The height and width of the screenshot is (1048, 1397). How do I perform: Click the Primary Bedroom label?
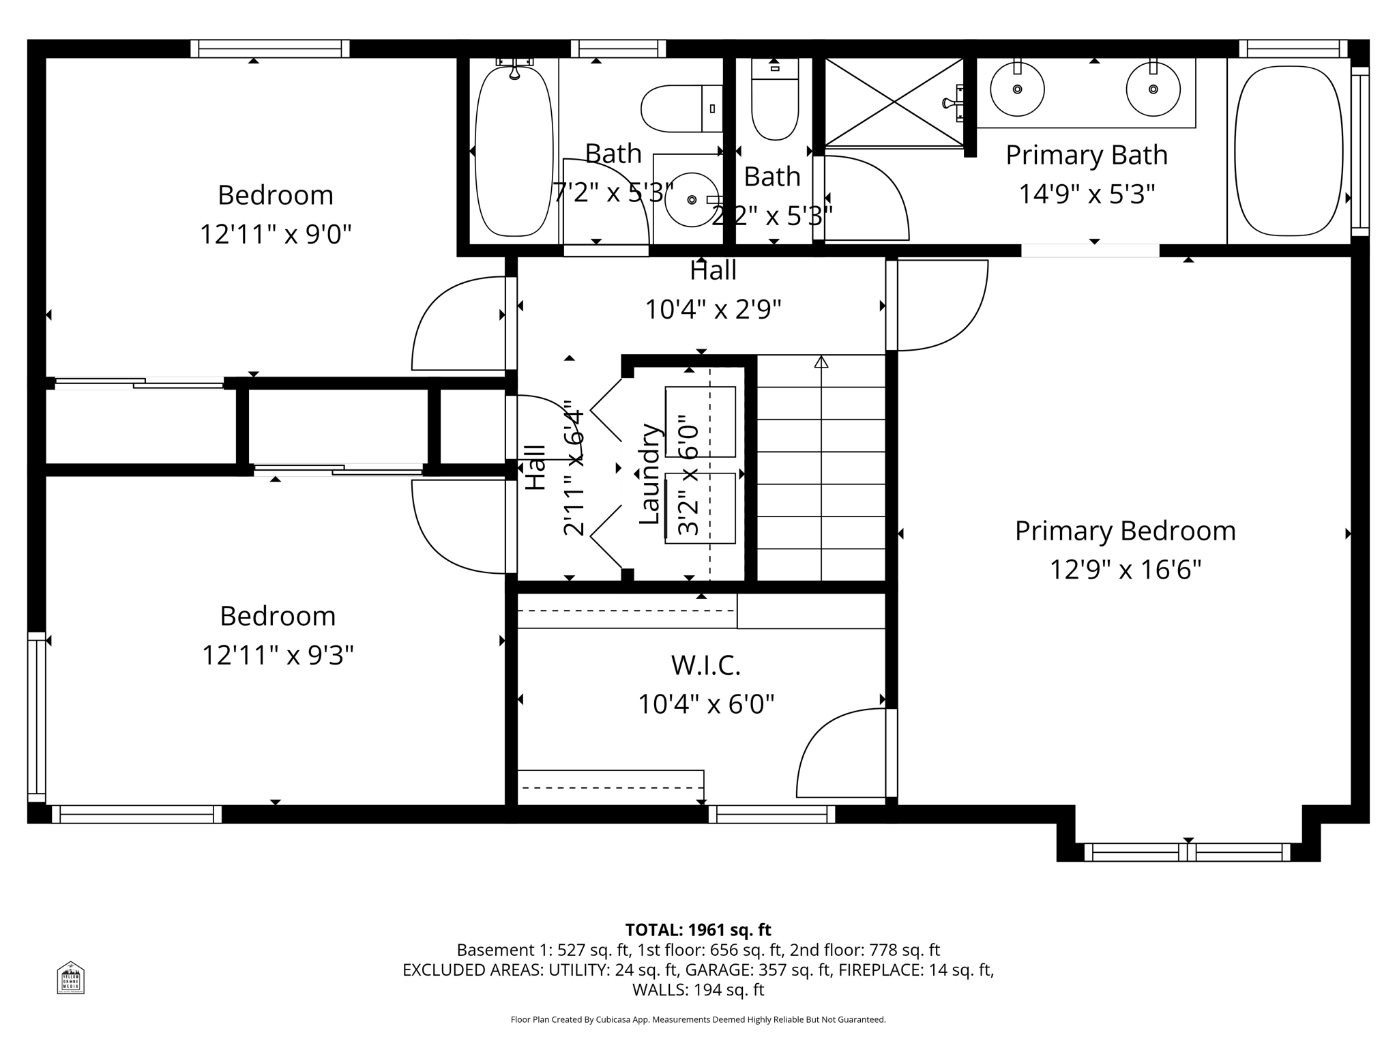(1125, 531)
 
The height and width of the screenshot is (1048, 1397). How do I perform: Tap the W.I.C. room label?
(705, 665)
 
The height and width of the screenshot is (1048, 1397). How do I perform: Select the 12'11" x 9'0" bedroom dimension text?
(275, 235)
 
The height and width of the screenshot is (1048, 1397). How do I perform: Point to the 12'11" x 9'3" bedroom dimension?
(278, 656)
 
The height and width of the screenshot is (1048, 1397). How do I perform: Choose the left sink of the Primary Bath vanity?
(1017, 89)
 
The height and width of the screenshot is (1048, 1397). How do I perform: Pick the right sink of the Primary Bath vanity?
(1153, 89)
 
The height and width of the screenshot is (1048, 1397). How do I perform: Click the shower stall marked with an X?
(894, 102)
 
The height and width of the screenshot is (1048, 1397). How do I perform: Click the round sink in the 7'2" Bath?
(692, 200)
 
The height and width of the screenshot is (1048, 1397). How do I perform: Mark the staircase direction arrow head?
(821, 362)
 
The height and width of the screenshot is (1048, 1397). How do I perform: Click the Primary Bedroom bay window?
(1188, 852)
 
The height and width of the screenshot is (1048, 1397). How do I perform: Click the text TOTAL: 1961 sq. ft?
(698, 930)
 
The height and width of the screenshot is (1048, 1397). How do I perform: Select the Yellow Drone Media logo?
(70, 978)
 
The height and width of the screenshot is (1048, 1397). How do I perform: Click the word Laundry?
(649, 475)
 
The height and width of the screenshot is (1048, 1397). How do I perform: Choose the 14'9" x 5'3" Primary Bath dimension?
(1087, 194)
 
